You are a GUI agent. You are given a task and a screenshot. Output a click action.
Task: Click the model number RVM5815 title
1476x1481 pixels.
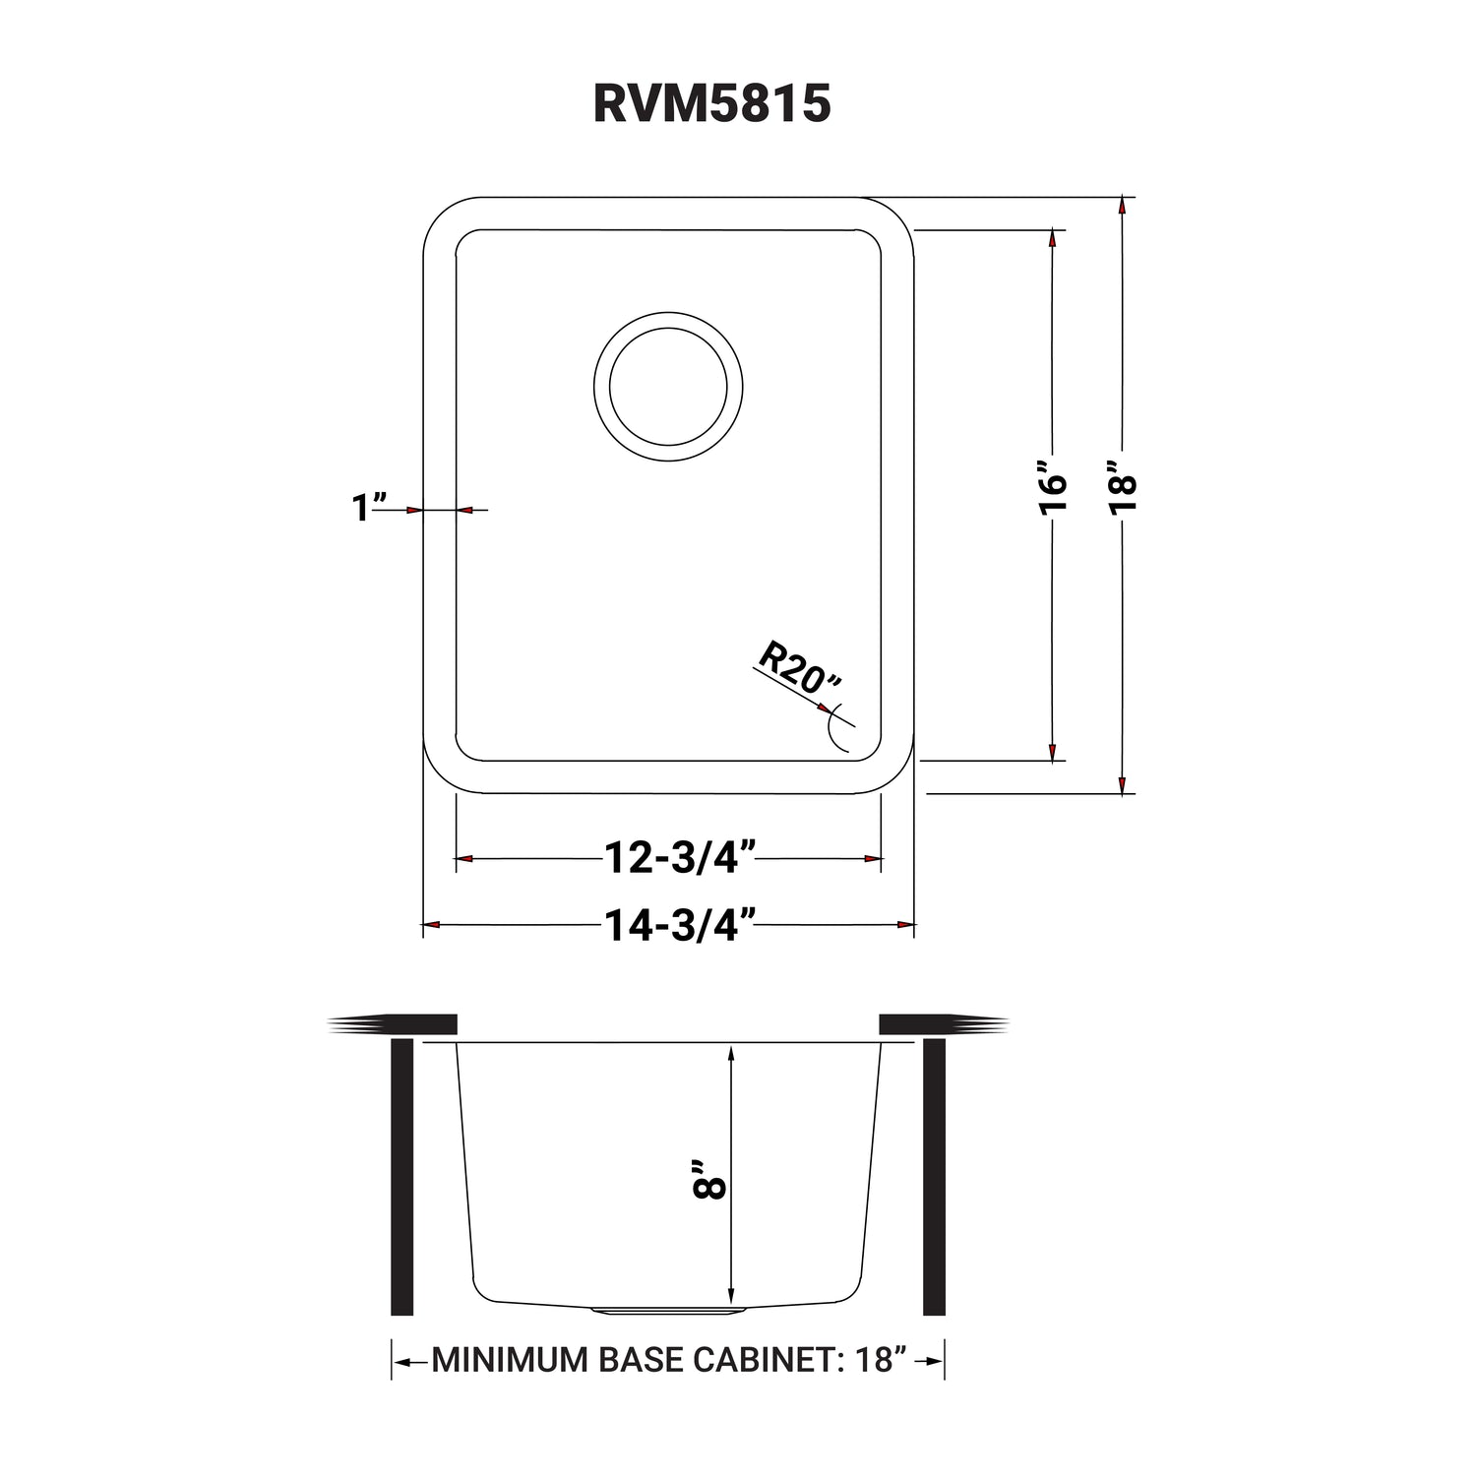pyautogui.click(x=711, y=102)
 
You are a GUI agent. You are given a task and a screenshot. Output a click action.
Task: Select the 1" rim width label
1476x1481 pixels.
pyautogui.click(x=367, y=508)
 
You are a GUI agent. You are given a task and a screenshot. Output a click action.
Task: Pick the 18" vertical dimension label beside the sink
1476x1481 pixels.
pyautogui.click(x=1121, y=484)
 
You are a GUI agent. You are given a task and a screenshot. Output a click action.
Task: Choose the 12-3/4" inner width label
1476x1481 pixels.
pyautogui.click(x=680, y=858)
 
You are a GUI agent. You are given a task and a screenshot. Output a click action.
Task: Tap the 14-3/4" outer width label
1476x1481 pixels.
pyautogui.click(x=680, y=925)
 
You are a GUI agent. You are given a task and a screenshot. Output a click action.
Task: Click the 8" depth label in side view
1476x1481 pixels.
pyautogui.click(x=710, y=1178)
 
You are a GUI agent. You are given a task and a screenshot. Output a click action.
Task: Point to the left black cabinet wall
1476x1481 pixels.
pyautogui.click(x=401, y=1177)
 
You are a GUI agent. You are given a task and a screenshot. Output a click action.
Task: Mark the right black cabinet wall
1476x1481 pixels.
pyautogui.click(x=934, y=1177)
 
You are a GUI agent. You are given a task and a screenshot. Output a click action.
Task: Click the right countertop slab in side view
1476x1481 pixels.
pyautogui.click(x=944, y=1024)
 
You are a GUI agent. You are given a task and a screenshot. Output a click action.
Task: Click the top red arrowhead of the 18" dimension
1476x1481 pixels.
pyautogui.click(x=1122, y=208)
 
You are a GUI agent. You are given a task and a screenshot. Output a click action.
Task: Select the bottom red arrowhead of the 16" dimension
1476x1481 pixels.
pyautogui.click(x=1053, y=751)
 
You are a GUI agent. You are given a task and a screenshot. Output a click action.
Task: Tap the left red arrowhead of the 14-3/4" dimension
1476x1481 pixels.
pyautogui.click(x=431, y=925)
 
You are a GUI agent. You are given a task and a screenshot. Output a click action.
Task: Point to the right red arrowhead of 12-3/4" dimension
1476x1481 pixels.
pyautogui.click(x=872, y=859)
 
